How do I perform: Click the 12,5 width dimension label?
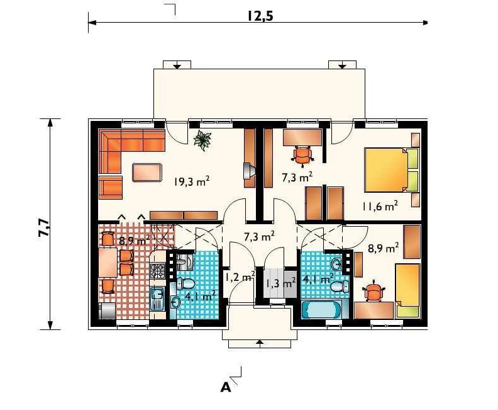260,16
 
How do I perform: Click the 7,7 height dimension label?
44,227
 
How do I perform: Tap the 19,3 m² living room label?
192,181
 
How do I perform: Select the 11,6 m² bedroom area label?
380,207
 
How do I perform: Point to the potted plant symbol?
202,140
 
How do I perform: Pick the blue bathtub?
321,309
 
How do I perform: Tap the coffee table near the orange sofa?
147,173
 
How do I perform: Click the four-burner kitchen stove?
158,271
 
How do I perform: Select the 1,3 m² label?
280,283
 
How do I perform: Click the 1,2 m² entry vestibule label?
240,276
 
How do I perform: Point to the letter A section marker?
226,387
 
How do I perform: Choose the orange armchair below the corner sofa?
111,187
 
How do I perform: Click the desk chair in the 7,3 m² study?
302,156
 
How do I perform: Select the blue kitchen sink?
157,298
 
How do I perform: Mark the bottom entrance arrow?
260,342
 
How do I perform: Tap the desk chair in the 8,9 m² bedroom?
373,290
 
